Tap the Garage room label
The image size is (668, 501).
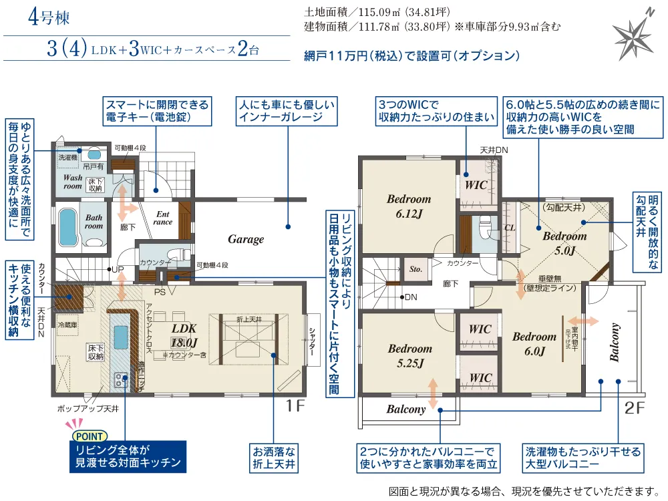coord(246,239)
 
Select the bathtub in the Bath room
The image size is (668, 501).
coord(66,226)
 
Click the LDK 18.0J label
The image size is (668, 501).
coord(185,336)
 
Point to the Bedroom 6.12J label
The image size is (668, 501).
coord(409,205)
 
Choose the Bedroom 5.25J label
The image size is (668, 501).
coord(410,355)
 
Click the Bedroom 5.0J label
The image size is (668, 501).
coord(564,243)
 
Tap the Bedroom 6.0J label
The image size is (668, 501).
coord(534,343)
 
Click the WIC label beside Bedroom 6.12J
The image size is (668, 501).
coord(476,184)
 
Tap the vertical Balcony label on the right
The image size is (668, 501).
coord(615,343)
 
